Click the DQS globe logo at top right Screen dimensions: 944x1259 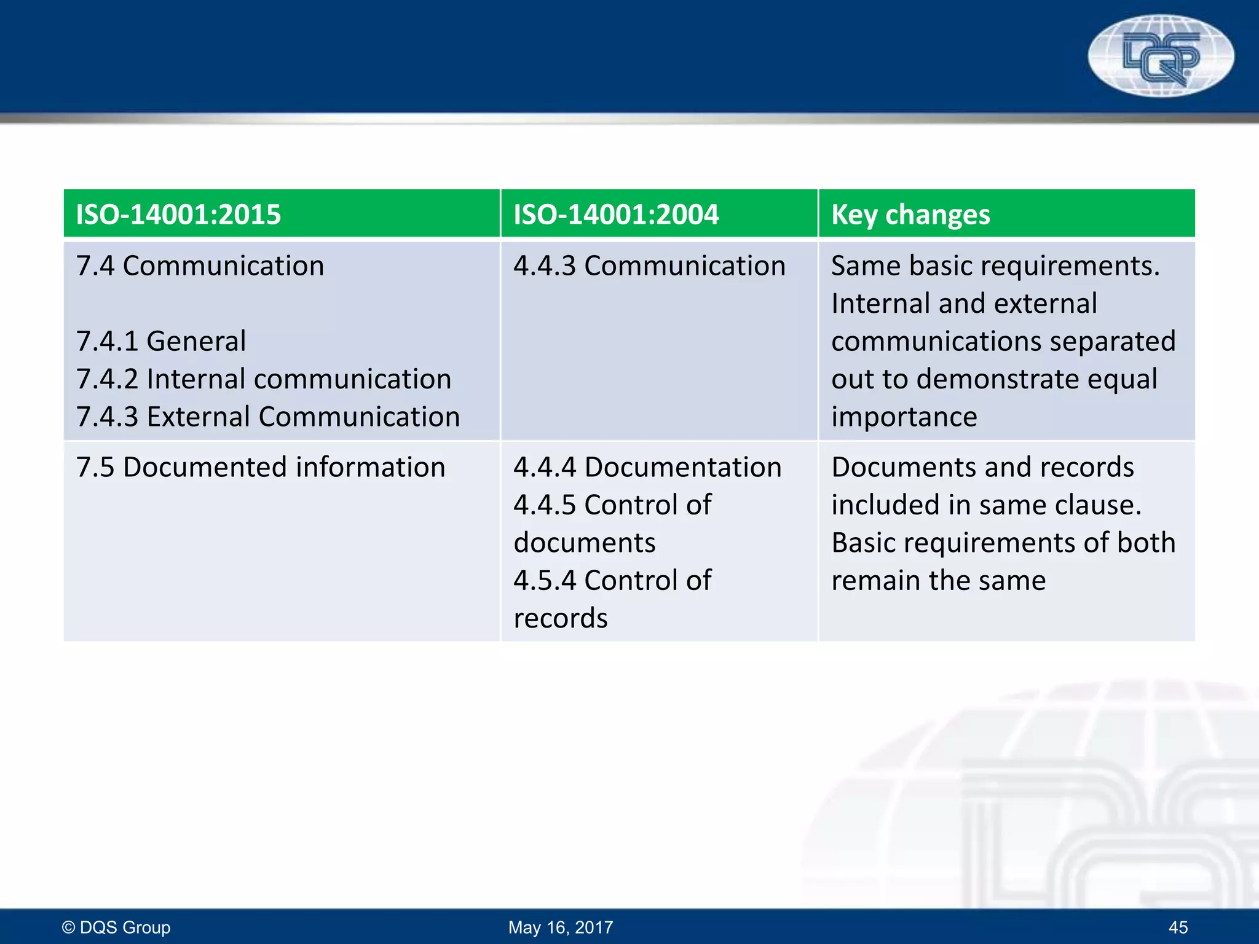coord(1161,57)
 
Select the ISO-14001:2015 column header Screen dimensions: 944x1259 coord(178,214)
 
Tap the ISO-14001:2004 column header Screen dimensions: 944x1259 coord(615,214)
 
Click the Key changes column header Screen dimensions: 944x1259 coord(910,214)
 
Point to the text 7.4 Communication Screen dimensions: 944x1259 coord(200,266)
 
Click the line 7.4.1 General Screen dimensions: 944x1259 coord(161,341)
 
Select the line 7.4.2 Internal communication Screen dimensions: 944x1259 coord(264,379)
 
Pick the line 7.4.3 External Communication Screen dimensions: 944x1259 coord(268,417)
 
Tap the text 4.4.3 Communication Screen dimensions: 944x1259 coord(649,266)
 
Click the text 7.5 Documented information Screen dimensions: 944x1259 coord(261,467)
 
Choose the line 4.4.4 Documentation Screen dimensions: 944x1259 coord(647,467)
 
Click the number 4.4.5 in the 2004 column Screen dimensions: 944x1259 coord(545,505)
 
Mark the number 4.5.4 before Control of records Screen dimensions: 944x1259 coord(545,581)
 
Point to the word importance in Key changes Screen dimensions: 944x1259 coord(904,417)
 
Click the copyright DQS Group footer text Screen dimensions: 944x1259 coord(116,927)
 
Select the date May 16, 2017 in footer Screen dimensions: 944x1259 coord(561,927)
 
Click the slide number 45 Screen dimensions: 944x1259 coord(1178,927)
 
